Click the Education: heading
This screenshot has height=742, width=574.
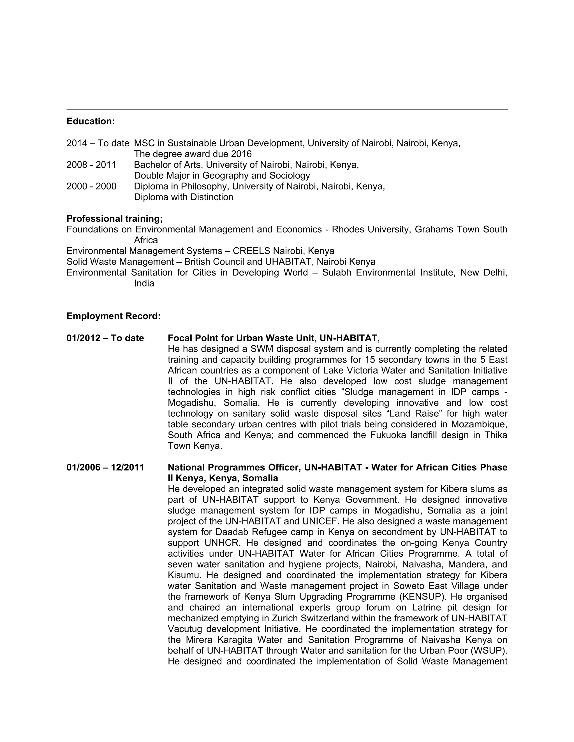tap(91, 121)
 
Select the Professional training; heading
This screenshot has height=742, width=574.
tap(115, 218)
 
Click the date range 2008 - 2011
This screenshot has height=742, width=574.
tap(91, 165)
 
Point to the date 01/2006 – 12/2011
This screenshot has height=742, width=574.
tap(105, 468)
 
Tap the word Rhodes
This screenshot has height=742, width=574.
tap(348, 229)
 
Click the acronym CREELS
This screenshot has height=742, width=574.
tap(251, 251)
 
